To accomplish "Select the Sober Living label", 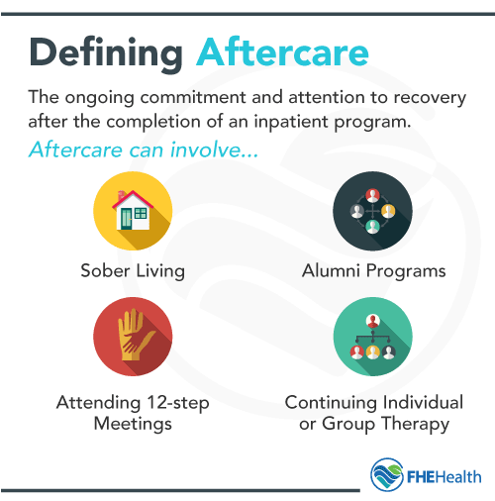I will click(x=133, y=270).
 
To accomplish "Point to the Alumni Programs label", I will click(x=373, y=270).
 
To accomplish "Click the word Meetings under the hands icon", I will click(x=133, y=425).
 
